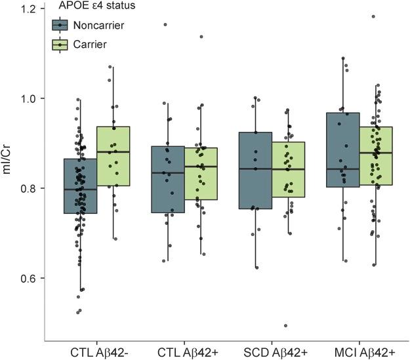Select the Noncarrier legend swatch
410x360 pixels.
pos(60,25)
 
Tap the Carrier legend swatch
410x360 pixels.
pos(60,45)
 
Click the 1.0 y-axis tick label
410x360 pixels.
pos(30,98)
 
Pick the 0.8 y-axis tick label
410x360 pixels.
pos(30,188)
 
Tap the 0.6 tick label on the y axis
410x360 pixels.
pos(30,278)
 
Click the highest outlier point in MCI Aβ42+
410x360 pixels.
pos(373,16)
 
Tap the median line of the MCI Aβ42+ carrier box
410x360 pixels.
pos(375,153)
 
